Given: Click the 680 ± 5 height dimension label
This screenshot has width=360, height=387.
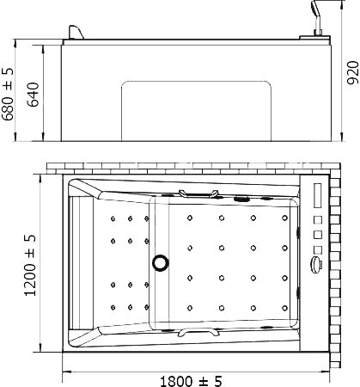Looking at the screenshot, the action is pos(8,94).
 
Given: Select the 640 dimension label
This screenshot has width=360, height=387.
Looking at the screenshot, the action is pos(34,95).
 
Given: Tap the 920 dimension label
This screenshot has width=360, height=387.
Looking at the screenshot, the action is pos(352,72).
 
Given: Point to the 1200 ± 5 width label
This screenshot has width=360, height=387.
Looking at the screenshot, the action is pos(30,265).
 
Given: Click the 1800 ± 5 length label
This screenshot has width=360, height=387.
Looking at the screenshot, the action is pos(191,381).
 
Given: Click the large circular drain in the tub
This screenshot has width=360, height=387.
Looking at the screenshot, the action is pos(160,262).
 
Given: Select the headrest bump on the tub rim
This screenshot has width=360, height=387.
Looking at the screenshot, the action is pos(75,33).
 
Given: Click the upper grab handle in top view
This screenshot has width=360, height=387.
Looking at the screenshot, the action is pos(198,193).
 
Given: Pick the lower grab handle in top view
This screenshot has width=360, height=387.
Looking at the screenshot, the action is pos(198,332).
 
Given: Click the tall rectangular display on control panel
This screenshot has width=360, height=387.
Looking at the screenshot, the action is pos(318,195).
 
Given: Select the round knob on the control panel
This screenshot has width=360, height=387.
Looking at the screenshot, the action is pos(317,263).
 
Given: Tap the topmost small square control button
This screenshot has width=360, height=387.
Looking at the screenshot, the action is pos(318,220).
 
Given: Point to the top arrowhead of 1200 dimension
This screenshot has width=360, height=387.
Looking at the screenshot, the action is pos(40,179).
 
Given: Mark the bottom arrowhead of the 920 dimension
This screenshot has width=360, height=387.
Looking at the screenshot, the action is pos(341,137).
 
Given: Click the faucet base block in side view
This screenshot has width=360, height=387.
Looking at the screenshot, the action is pos(315,38).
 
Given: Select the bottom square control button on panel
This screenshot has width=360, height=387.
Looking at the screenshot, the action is pos(318,250).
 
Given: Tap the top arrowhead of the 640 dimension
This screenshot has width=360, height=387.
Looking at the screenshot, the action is pos(43,49).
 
